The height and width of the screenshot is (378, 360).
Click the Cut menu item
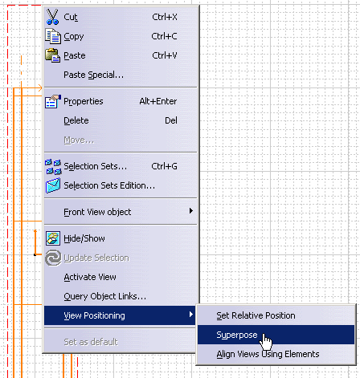click(x=71, y=17)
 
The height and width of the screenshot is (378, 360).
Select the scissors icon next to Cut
click(x=52, y=17)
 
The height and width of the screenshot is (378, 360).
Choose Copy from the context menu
click(x=74, y=36)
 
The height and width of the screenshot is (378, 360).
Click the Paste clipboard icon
click(x=52, y=55)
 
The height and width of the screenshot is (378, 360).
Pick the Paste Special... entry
click(x=93, y=75)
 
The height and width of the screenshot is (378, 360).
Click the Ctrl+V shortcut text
click(x=165, y=55)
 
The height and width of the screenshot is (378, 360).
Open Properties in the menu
click(x=84, y=101)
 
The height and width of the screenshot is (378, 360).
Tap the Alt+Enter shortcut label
click(x=158, y=101)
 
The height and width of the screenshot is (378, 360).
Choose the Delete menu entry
click(x=76, y=120)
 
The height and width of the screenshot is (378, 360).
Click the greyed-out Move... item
click(x=79, y=140)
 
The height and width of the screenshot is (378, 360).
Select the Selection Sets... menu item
click(x=95, y=166)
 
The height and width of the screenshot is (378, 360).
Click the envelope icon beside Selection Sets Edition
click(x=53, y=185)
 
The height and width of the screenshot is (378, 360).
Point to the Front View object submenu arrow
click(x=191, y=211)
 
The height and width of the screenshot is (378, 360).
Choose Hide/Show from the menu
click(x=84, y=238)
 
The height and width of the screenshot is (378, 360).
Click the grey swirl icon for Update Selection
click(x=53, y=258)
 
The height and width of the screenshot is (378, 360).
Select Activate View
click(x=90, y=277)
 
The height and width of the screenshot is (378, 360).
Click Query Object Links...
click(x=104, y=296)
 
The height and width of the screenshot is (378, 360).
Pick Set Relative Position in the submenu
click(x=256, y=315)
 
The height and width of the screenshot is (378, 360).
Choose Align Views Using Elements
click(x=268, y=354)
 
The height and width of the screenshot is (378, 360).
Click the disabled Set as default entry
click(x=91, y=342)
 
